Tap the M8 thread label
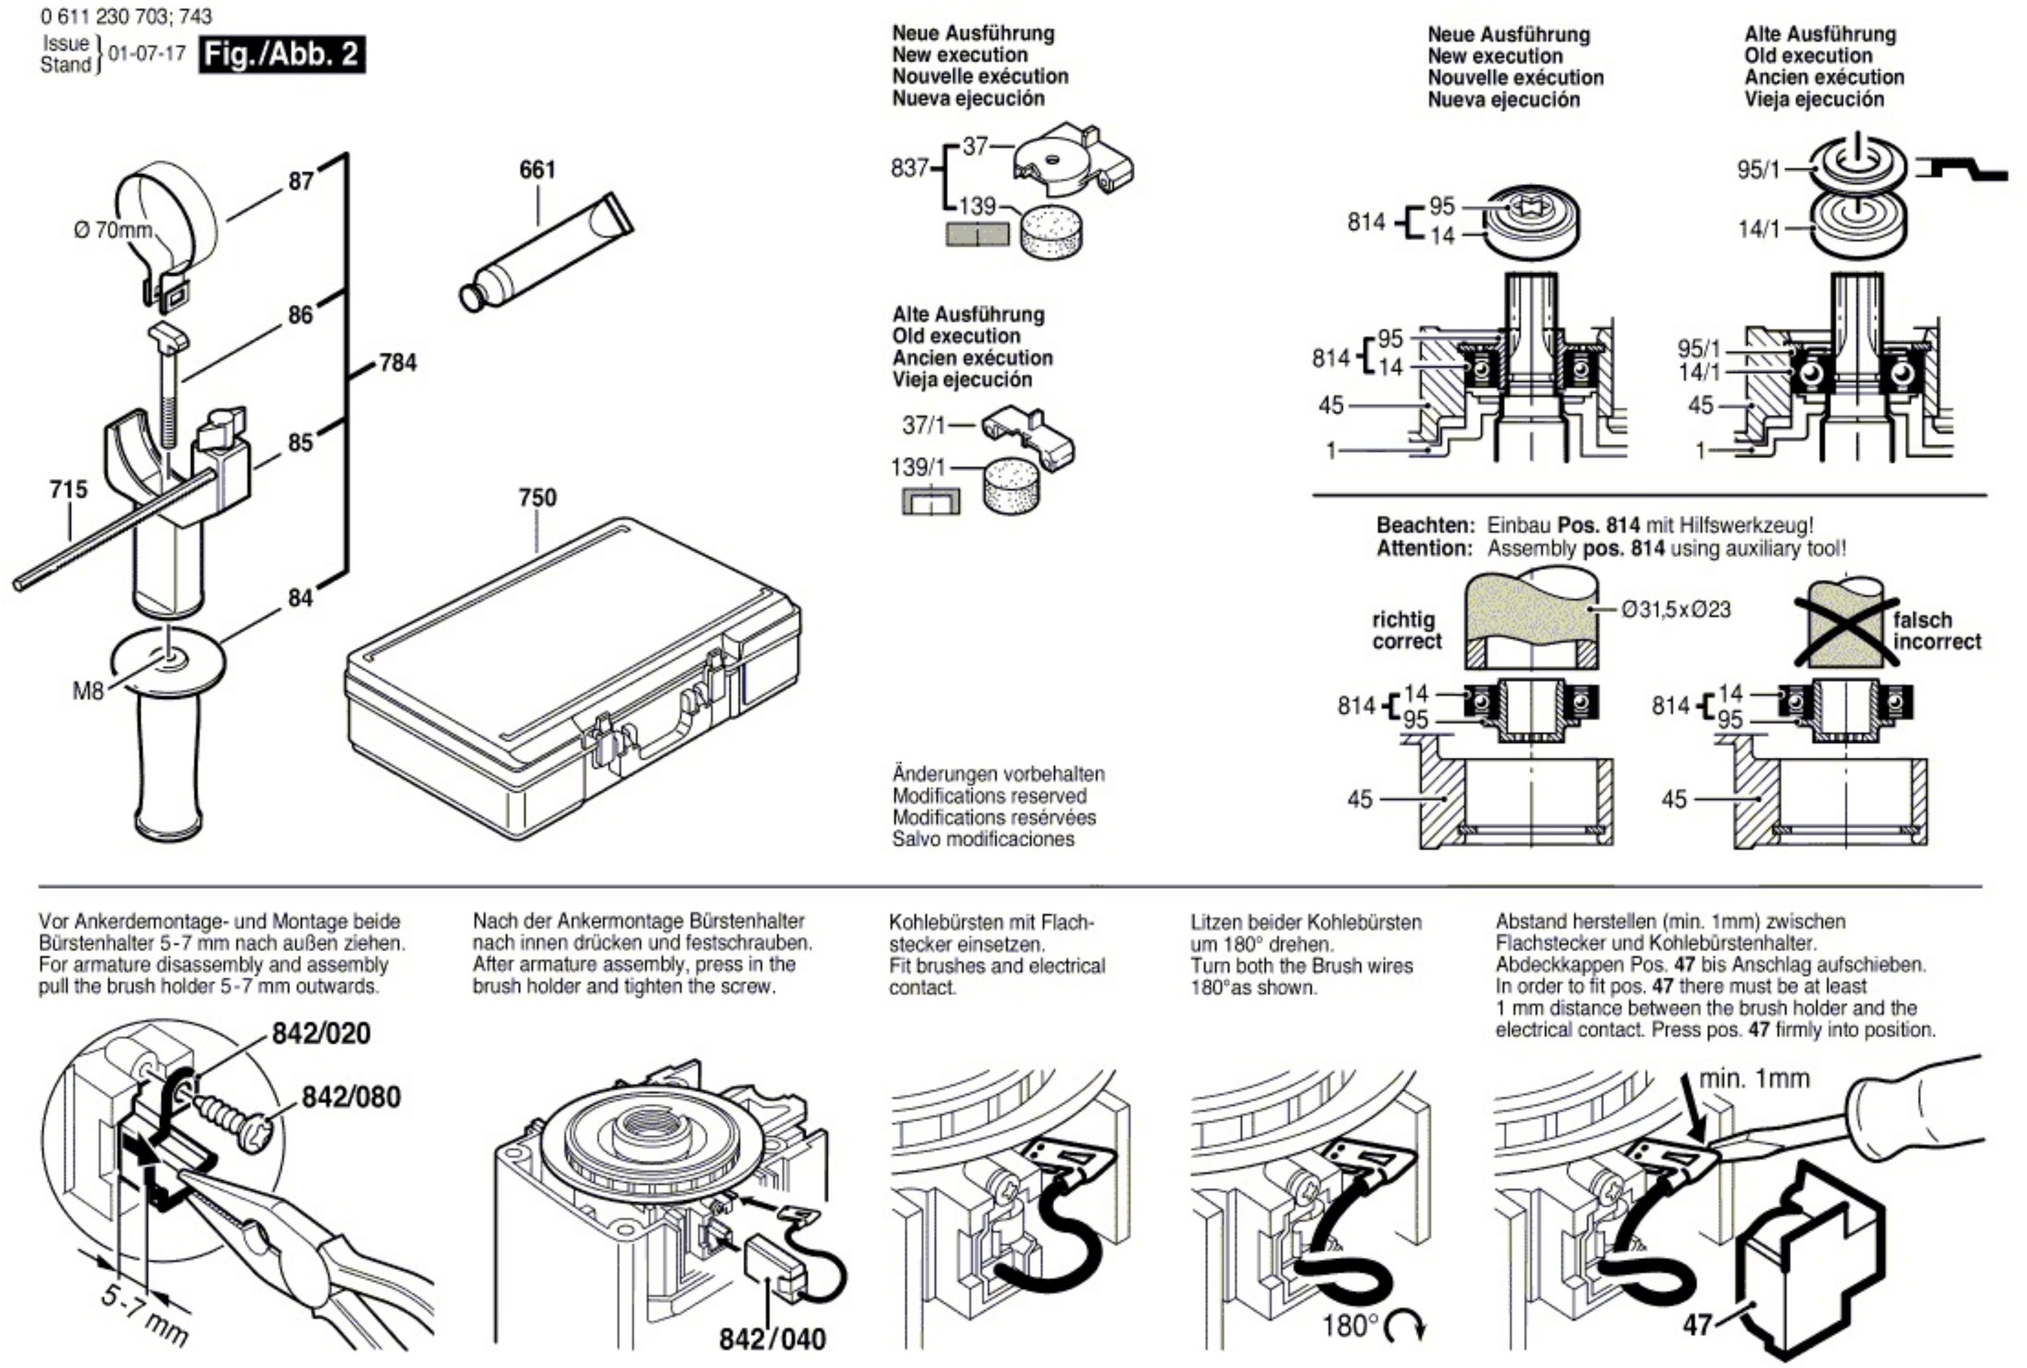point(87,692)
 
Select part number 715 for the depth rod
point(69,489)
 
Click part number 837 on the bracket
point(910,168)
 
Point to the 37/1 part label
point(924,426)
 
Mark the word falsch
point(1922,620)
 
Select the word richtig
point(1404,620)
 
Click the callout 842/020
point(321,1034)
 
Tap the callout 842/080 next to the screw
point(351,1097)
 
